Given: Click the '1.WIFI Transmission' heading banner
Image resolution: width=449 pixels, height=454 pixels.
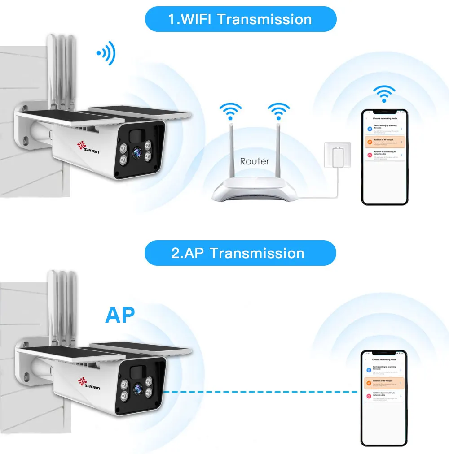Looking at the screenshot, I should point(240,19).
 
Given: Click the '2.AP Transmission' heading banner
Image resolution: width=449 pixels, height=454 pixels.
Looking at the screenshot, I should point(240,253).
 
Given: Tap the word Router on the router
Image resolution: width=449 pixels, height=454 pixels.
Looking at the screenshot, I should point(254,161).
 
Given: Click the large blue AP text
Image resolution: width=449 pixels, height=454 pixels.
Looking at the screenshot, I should point(120,315).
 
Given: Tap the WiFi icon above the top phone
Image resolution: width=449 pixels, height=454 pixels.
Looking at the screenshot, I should point(384,94).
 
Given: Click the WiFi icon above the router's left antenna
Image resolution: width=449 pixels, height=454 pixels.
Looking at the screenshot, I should point(230,110).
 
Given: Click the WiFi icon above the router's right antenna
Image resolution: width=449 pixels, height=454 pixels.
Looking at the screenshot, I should point(279,110).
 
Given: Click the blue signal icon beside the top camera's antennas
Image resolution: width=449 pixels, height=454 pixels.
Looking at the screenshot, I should point(106,53).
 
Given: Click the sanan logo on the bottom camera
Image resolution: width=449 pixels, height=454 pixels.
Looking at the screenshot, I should point(89,384).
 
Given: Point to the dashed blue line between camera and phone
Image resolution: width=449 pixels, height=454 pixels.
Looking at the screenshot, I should point(260,392).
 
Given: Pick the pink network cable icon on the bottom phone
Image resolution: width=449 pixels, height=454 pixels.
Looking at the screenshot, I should point(370,395).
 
